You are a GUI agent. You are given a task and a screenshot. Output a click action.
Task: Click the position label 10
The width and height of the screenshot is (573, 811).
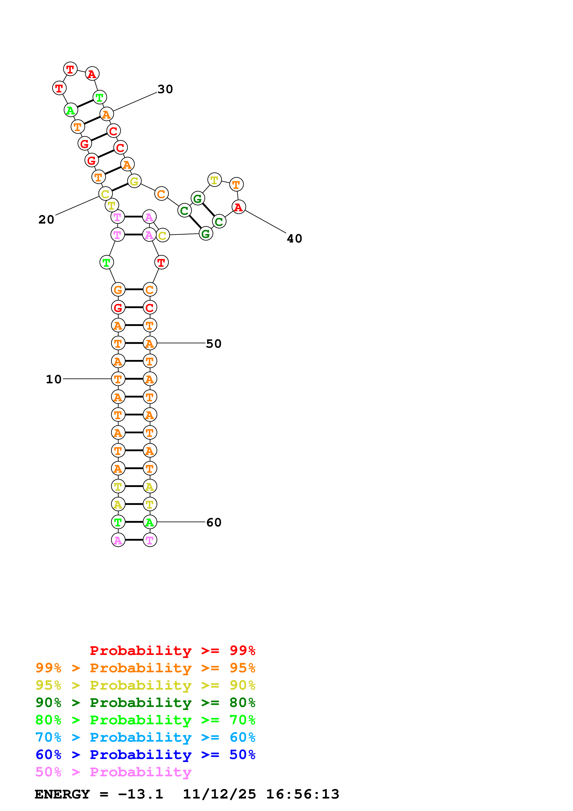pyautogui.click(x=54, y=379)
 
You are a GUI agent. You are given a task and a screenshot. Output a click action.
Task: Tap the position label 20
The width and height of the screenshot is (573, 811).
pyautogui.click(x=46, y=220)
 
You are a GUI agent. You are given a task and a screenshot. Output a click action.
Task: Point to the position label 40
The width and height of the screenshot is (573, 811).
pyautogui.click(x=294, y=239)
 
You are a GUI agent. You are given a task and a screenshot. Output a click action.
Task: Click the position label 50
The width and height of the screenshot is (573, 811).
pyautogui.click(x=214, y=344)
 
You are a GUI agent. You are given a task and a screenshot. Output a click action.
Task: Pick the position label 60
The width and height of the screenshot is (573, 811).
pyautogui.click(x=214, y=522)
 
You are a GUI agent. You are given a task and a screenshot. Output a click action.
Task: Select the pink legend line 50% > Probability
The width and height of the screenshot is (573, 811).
pyautogui.click(x=113, y=772)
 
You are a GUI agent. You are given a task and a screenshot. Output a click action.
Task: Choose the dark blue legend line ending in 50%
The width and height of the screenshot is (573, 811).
pyautogui.click(x=145, y=755)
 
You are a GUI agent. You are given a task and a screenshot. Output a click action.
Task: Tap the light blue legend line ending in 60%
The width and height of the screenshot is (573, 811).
pyautogui.click(x=145, y=737)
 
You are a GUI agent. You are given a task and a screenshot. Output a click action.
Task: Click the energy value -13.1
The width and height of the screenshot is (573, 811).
pyautogui.click(x=141, y=794)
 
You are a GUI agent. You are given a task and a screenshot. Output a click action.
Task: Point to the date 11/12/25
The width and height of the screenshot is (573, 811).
pyautogui.click(x=219, y=794)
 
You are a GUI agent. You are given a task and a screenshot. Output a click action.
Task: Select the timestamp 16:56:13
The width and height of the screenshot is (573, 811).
pyautogui.click(x=303, y=794)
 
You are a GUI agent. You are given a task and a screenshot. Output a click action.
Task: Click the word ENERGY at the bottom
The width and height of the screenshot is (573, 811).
pyautogui.click(x=62, y=794)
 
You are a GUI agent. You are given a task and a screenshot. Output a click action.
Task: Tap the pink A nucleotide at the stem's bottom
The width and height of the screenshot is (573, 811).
pyautogui.click(x=118, y=540)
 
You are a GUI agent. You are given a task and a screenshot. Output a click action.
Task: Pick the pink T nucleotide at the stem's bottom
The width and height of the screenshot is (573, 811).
pyautogui.click(x=150, y=540)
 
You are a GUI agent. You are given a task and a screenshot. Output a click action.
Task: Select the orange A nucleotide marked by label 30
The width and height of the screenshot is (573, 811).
pyautogui.click(x=106, y=114)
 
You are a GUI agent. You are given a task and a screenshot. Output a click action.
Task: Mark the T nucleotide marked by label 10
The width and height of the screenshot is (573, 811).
pyautogui.click(x=118, y=379)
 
